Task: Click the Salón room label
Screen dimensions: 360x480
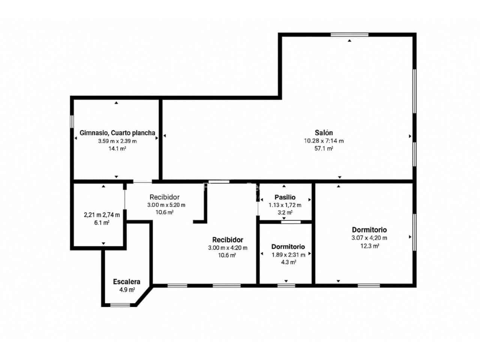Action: (x=324, y=133)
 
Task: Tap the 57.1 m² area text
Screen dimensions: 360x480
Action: (x=324, y=148)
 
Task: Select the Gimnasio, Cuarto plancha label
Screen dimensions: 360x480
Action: (x=117, y=133)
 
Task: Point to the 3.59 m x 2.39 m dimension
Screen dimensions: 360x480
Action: (x=117, y=141)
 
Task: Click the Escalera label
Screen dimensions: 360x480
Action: (x=127, y=282)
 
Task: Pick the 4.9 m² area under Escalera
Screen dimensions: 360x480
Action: (x=127, y=289)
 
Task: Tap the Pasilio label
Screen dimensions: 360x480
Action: (x=285, y=197)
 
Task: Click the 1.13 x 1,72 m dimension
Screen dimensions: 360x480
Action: (x=285, y=205)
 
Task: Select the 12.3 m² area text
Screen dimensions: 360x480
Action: (x=369, y=246)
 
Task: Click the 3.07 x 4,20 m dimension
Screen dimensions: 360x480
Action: (x=369, y=238)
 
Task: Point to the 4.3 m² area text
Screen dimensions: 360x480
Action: (x=288, y=262)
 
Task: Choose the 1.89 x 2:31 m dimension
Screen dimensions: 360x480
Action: (x=288, y=255)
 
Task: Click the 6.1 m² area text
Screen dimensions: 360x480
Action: (x=102, y=223)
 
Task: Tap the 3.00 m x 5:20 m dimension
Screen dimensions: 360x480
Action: (x=166, y=205)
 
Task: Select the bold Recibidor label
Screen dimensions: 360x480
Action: (x=228, y=240)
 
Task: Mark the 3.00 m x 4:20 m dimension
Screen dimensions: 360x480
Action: (x=228, y=248)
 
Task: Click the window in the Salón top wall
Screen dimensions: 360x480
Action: (x=349, y=34)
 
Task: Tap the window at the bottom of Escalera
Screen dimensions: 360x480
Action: (x=120, y=305)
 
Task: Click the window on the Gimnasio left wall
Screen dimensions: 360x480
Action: (x=72, y=121)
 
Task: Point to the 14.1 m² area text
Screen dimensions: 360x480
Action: (x=117, y=148)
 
